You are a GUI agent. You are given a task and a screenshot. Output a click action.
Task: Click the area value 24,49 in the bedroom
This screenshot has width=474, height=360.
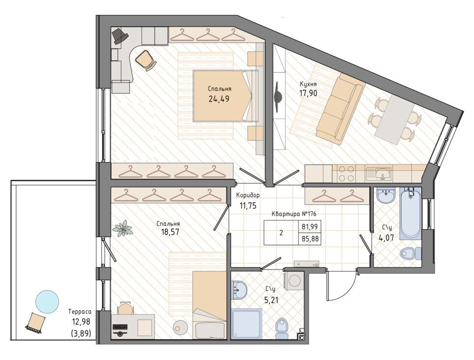[x=219, y=99]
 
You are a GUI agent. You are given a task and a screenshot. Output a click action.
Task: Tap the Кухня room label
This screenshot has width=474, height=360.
[x=308, y=84]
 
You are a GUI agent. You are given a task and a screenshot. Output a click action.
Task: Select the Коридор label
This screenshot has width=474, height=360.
[x=248, y=195]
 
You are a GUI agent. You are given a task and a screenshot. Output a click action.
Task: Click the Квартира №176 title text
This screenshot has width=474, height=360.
[x=294, y=214]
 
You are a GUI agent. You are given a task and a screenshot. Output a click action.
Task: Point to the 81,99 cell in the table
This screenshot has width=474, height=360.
[x=309, y=226]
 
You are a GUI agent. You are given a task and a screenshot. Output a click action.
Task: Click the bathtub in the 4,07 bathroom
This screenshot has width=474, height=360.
[x=410, y=213]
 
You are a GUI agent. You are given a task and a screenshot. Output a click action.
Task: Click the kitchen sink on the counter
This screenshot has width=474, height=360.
[x=379, y=174]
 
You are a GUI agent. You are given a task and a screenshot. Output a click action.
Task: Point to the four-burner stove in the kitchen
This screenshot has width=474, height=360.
[x=346, y=173]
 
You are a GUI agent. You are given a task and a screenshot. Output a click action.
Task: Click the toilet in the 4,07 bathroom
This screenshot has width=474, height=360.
[x=410, y=253]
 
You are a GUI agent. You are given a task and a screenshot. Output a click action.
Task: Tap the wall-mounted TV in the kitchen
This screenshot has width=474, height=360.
[x=278, y=97]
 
